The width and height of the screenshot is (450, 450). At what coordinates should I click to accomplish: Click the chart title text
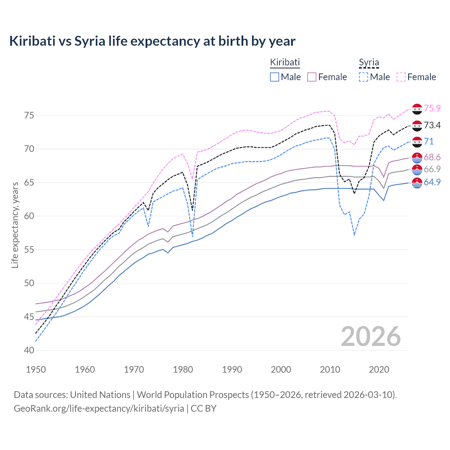point(152,41)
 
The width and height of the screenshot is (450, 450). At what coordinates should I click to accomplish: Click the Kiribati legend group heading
point(285,62)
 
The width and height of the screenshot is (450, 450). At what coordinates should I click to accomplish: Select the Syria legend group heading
point(369,63)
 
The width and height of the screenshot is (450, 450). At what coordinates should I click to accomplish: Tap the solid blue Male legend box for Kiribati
point(275,77)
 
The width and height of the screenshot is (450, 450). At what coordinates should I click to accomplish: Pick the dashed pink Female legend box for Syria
point(401,77)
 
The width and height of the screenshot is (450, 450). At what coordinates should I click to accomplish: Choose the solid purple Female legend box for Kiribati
point(312,77)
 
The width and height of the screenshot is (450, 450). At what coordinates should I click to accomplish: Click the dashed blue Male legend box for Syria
point(364,77)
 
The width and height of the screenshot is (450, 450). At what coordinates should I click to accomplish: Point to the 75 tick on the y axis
point(29,116)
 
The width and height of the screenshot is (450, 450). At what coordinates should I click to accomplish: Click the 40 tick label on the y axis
point(29,351)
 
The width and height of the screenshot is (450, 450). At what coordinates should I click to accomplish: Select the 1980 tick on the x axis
point(183,369)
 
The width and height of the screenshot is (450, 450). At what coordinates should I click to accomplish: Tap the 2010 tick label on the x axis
point(330,369)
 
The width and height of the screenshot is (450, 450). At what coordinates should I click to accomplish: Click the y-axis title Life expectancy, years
point(15,225)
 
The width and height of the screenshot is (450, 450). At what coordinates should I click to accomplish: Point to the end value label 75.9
point(432,109)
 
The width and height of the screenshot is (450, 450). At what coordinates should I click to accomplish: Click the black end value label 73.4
point(432,125)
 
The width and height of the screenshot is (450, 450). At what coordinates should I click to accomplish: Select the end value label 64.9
point(432,182)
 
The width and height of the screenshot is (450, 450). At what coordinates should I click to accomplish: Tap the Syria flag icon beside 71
point(417,142)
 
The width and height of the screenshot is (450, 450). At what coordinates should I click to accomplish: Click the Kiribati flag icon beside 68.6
point(417,157)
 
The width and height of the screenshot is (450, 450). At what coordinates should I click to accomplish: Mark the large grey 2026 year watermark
point(371,337)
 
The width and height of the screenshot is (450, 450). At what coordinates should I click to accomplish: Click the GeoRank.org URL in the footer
point(99,409)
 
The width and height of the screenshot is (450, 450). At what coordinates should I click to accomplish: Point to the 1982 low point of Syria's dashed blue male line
point(192,236)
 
